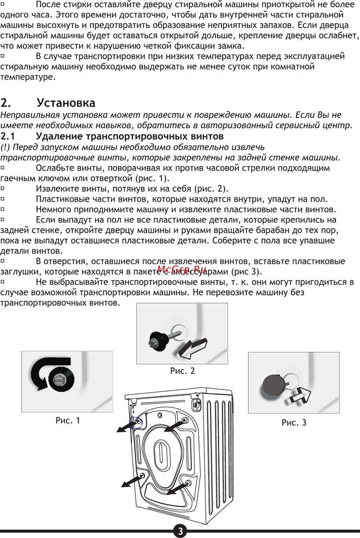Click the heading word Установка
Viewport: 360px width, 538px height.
pyautogui.click(x=66, y=103)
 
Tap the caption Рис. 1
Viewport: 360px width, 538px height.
pyautogui.click(x=68, y=420)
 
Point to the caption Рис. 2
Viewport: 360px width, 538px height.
pyautogui.click(x=182, y=371)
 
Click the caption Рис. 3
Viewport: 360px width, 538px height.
pyautogui.click(x=294, y=423)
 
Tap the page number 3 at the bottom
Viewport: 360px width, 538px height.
pyautogui.click(x=180, y=531)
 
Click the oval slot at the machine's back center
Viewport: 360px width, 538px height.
pyautogui.click(x=161, y=452)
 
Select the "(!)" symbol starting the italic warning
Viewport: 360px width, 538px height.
pyautogui.click(x=6, y=147)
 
